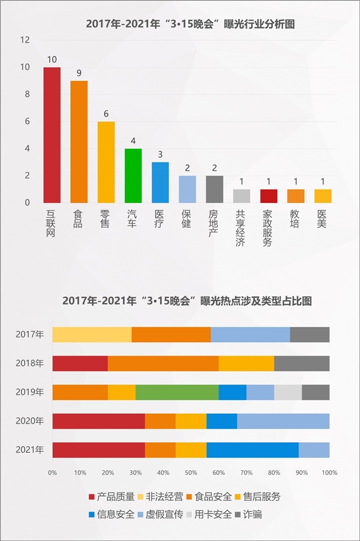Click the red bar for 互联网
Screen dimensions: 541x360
[x=52, y=135]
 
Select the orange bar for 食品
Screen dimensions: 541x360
[x=79, y=142]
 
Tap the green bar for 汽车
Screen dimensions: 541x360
[x=133, y=175]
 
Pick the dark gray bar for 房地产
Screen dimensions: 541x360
[x=214, y=189]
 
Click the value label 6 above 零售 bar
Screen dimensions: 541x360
[x=106, y=114]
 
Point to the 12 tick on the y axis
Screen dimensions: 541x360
[x=25, y=40]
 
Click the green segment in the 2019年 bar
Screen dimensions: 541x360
[x=177, y=392]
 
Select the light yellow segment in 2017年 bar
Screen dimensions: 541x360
[x=92, y=335]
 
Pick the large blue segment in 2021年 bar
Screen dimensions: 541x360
[x=253, y=450]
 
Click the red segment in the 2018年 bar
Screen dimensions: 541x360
[x=80, y=363]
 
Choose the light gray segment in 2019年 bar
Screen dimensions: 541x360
[x=288, y=392]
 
